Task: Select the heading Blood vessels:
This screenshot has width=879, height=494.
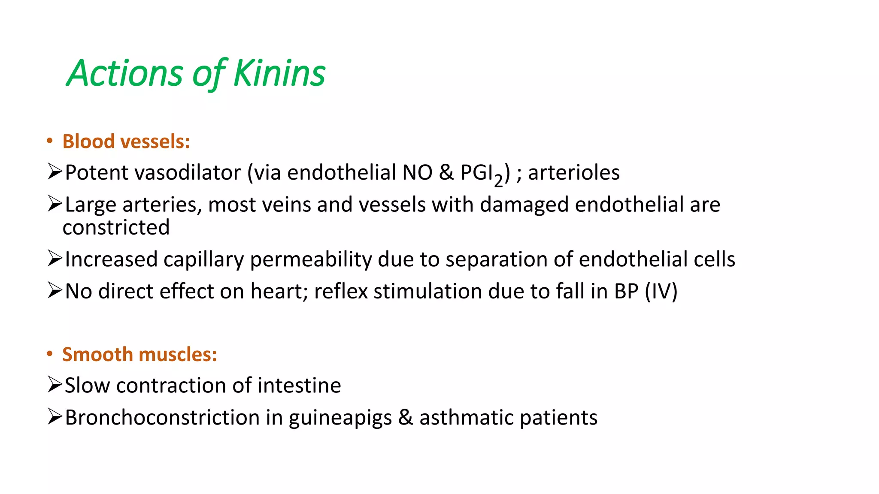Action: pyautogui.click(x=126, y=142)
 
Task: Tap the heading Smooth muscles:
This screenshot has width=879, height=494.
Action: pyautogui.click(x=139, y=355)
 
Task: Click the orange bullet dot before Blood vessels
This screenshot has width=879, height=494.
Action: pyautogui.click(x=50, y=141)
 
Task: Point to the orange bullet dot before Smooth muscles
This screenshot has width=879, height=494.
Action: pyautogui.click(x=50, y=354)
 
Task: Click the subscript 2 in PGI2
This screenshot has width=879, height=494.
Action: pyautogui.click(x=498, y=181)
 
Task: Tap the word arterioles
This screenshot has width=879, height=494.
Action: pyautogui.click(x=573, y=173)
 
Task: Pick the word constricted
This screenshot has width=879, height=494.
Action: pyautogui.click(x=116, y=227)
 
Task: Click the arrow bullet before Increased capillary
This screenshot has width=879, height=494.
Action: pyautogui.click(x=55, y=259)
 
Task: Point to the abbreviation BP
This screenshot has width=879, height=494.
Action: pyautogui.click(x=626, y=292)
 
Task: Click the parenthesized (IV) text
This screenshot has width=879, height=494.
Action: pyautogui.click(x=661, y=292)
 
